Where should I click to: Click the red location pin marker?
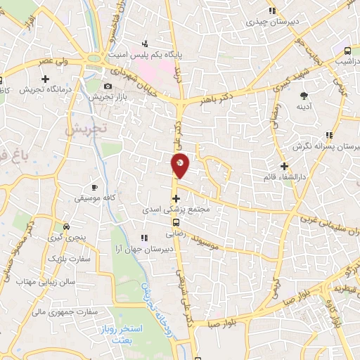tap(181, 165)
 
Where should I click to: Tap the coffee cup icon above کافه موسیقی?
tap(95, 188)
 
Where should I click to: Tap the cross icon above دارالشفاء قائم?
tap(284, 167)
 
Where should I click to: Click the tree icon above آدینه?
tap(304, 95)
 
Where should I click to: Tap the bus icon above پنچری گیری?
tap(66, 227)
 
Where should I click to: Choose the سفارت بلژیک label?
tap(65, 259)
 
